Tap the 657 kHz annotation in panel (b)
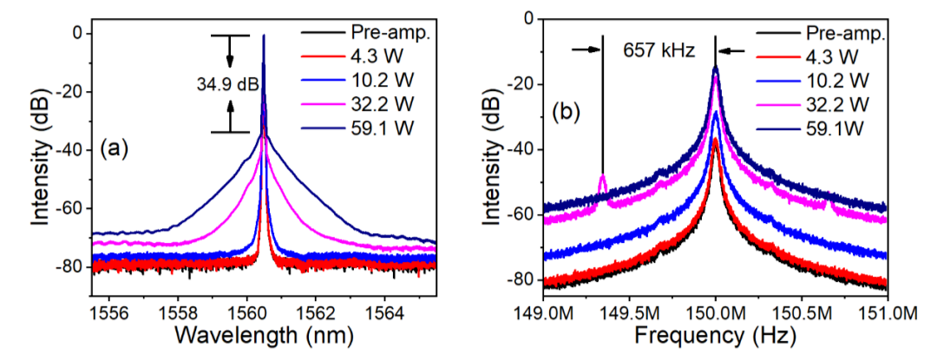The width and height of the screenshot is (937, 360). point(659,50)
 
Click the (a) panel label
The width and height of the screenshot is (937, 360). point(114,148)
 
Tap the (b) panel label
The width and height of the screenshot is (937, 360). point(567,112)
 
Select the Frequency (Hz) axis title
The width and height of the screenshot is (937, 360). point(714,334)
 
